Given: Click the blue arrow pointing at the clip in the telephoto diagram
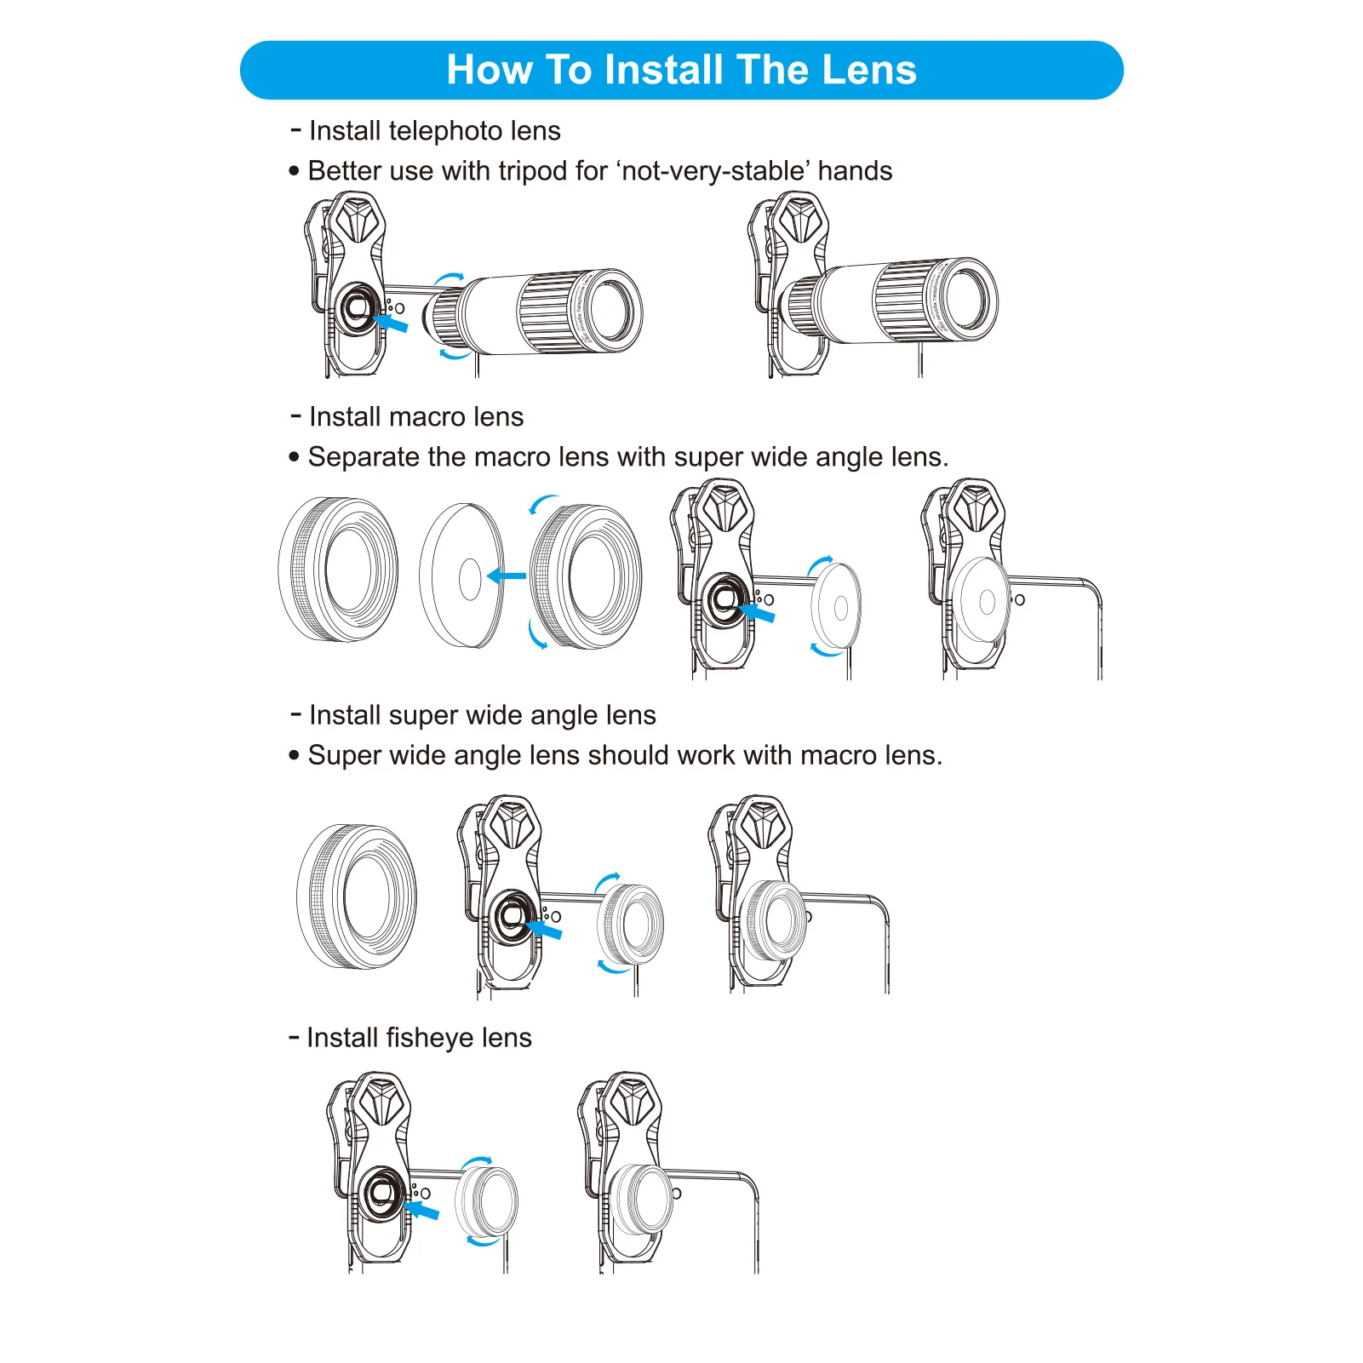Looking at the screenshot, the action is [391, 323].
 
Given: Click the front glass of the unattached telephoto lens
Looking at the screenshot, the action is [610, 309].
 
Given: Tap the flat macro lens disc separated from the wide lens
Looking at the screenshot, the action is [462, 576].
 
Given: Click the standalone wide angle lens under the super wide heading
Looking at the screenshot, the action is [358, 896].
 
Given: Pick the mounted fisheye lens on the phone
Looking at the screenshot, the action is [641, 1199].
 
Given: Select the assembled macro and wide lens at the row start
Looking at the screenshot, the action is [339, 569].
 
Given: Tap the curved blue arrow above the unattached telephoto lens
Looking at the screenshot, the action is [449, 278].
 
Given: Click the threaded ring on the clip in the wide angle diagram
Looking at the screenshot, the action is [513, 915].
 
